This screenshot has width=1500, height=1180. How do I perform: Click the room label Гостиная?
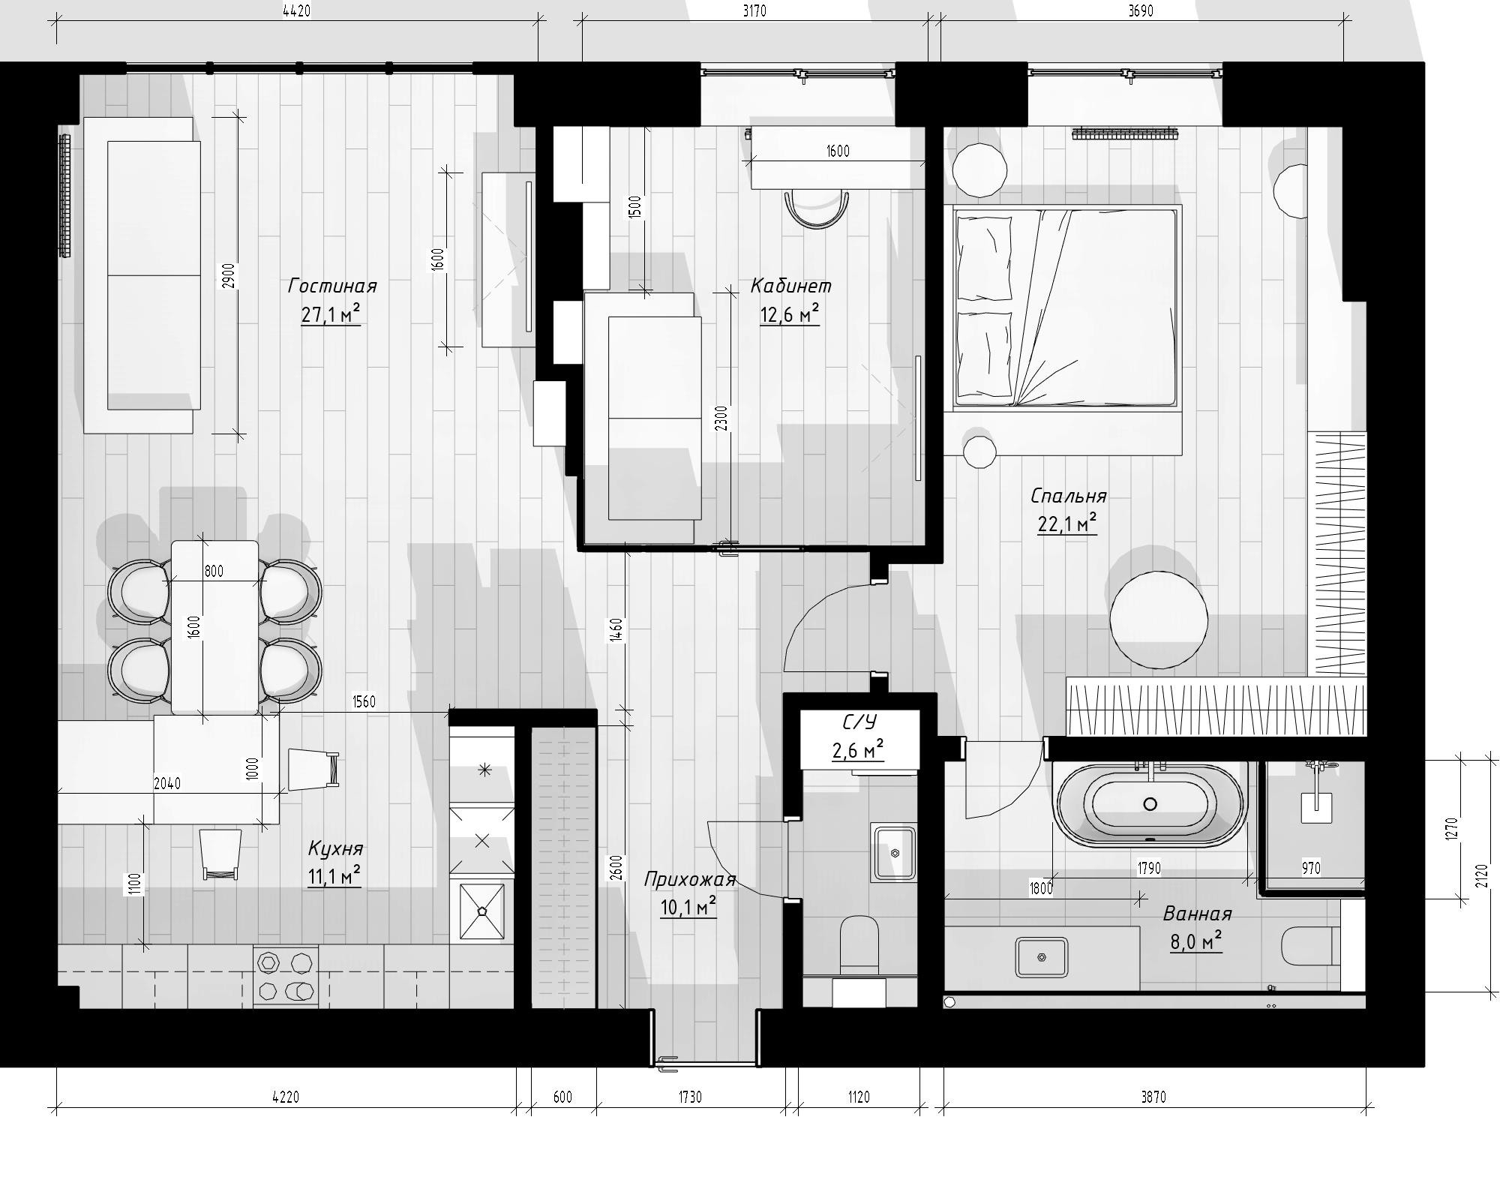point(331,286)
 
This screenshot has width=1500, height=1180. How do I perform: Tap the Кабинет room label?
point(790,286)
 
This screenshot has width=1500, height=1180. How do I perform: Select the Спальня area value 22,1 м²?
point(1066,524)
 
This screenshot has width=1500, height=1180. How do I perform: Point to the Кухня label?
point(335,848)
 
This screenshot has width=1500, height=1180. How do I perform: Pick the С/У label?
point(859,722)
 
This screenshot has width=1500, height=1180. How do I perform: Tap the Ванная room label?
point(1197,914)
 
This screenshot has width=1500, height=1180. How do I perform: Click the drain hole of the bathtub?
point(1150,804)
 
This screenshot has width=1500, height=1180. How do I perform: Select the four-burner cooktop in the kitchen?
point(285,976)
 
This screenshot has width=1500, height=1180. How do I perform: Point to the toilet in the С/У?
point(859,944)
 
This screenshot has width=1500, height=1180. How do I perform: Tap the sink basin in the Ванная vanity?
point(1042,958)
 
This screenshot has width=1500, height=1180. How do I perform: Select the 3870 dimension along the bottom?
point(1153,1097)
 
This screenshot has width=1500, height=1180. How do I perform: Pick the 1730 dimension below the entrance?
point(690,1097)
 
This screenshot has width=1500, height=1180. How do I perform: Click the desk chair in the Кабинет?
point(817,209)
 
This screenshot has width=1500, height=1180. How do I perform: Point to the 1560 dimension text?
point(364,701)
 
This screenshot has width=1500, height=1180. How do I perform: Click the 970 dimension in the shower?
point(1310,868)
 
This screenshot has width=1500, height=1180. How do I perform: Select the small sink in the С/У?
point(893,853)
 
